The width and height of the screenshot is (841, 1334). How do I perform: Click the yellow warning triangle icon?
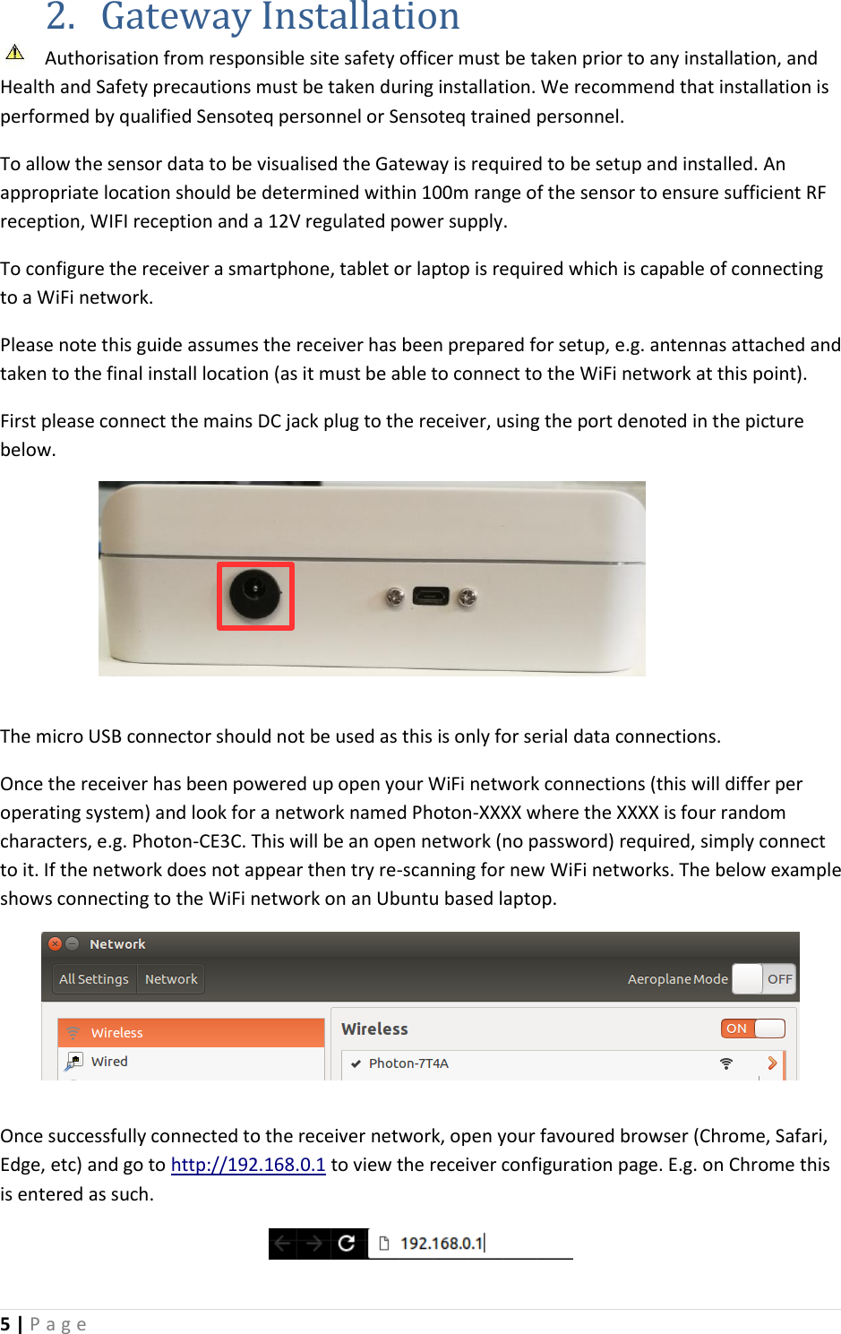(15, 52)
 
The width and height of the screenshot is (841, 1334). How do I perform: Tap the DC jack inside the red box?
(255, 594)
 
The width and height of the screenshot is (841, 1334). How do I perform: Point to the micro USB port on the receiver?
(431, 596)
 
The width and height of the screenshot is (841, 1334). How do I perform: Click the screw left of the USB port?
(394, 597)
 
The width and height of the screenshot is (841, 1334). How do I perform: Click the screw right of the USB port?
(467, 597)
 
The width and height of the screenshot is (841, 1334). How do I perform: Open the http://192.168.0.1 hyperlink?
(248, 1165)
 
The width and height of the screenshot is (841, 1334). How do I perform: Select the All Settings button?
(94, 979)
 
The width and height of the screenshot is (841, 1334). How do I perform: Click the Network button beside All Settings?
(171, 979)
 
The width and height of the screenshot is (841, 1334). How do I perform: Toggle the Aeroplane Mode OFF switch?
(763, 979)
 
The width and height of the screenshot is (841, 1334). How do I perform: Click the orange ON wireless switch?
(752, 1028)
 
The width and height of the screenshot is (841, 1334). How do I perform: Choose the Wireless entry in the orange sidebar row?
(117, 1033)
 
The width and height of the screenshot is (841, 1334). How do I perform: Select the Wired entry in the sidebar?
(109, 1062)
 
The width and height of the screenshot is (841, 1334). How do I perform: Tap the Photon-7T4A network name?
(408, 1063)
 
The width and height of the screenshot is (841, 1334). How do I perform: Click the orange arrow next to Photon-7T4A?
(772, 1063)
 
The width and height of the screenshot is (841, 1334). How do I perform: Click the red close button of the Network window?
(55, 943)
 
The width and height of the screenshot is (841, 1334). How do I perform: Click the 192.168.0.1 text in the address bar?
(442, 1244)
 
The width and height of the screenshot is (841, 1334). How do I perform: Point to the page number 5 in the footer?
(5, 1324)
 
